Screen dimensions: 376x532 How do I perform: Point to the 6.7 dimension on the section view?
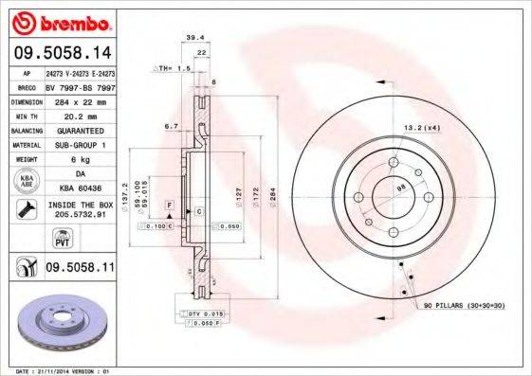point(171,124)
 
